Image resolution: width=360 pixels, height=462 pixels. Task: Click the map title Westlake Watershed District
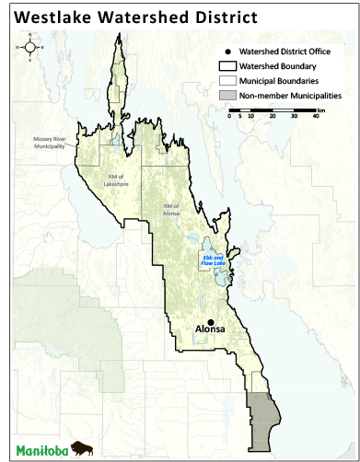click(x=136, y=17)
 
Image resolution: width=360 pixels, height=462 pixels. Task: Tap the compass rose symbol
click(x=30, y=47)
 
